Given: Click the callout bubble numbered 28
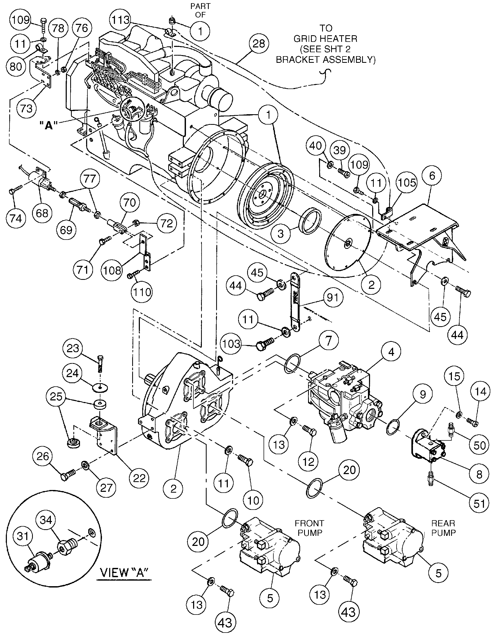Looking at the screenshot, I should [x=259, y=44].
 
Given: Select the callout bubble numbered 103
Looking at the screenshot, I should [x=231, y=344].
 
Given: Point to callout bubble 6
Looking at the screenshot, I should [x=432, y=176].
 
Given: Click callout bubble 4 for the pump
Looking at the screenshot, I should [x=391, y=352].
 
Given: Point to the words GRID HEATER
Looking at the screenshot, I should [x=325, y=39].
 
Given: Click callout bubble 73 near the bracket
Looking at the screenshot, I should [x=26, y=108].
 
